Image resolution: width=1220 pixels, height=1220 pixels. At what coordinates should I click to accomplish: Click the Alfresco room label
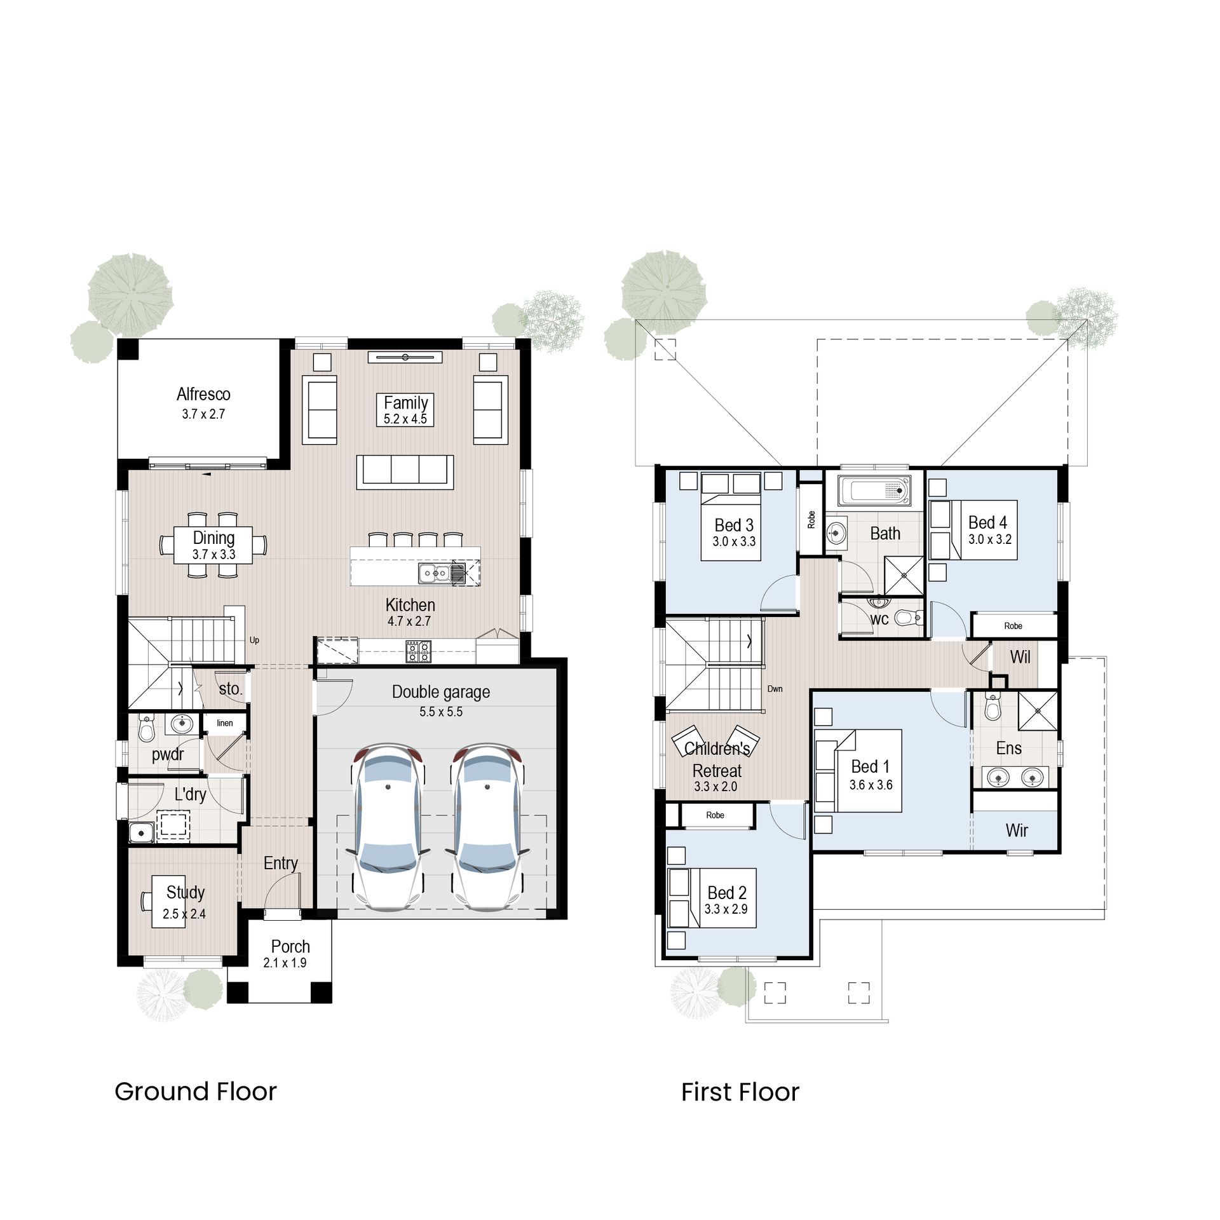click(203, 395)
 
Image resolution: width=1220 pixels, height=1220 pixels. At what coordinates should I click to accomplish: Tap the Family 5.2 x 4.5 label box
click(405, 410)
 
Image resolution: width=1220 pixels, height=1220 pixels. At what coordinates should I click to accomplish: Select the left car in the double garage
click(388, 826)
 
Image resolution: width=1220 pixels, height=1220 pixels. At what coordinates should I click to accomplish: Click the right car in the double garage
click(487, 826)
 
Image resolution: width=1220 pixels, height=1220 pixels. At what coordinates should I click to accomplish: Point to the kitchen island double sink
click(435, 573)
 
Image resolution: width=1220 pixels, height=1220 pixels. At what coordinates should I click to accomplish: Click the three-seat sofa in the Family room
click(405, 471)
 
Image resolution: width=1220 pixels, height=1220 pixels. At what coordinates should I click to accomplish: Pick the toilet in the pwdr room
click(147, 729)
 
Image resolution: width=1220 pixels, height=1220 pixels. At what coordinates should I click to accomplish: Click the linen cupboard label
click(225, 723)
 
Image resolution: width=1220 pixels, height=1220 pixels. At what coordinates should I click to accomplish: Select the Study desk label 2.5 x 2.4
click(184, 914)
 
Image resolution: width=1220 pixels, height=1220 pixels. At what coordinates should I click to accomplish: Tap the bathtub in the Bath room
click(874, 491)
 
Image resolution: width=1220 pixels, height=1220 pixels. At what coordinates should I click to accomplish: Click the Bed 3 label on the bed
click(733, 525)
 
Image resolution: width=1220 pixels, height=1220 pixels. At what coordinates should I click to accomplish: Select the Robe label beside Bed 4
click(1013, 626)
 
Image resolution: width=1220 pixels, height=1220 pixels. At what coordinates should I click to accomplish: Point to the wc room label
click(879, 619)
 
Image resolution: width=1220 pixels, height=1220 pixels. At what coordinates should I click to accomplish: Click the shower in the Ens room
click(1038, 711)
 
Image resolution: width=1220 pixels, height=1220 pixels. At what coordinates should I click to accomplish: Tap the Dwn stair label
click(775, 689)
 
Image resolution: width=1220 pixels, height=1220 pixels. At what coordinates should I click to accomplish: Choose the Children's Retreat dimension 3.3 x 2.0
click(715, 787)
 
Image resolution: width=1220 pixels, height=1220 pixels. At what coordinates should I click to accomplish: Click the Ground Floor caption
click(196, 1092)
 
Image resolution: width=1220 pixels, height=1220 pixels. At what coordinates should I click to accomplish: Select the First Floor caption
click(740, 1092)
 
